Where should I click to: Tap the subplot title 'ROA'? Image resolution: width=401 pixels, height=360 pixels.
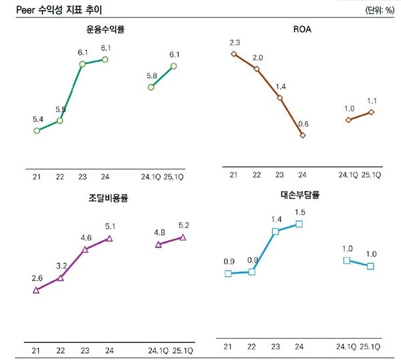tap(302, 30)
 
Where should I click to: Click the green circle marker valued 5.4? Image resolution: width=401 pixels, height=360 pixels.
tap(37, 130)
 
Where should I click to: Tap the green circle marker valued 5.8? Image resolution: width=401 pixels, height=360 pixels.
tap(152, 87)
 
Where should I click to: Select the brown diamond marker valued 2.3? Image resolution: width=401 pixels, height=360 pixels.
tap(233, 54)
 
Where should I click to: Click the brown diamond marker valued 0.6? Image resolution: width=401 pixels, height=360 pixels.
tap(303, 135)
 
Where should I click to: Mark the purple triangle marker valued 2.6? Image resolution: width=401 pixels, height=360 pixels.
tap(37, 290)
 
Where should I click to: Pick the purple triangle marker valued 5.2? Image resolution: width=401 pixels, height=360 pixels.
tap(182, 237)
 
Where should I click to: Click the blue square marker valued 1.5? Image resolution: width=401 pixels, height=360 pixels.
tap(299, 224)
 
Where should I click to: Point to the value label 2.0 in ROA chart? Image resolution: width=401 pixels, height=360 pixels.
tap(257, 57)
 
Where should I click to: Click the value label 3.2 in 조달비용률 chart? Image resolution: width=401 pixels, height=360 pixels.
tap(60, 266)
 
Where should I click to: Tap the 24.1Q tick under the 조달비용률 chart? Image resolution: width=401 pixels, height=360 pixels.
tap(158, 349)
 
